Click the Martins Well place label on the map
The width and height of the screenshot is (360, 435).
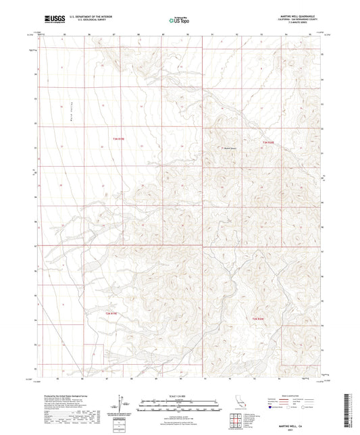[231, 149]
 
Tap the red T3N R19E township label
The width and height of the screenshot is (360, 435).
[118, 139]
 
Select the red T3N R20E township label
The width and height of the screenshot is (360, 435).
[267, 143]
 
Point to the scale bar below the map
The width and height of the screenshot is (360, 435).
[179, 405]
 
